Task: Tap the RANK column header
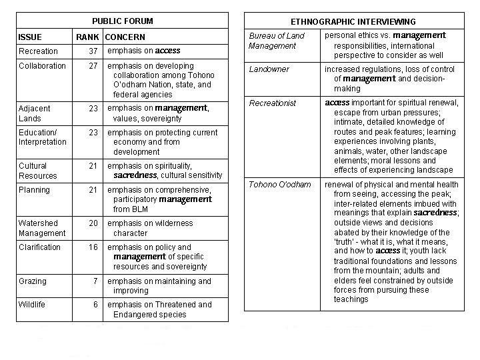pos(87,37)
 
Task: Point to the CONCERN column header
pos(125,37)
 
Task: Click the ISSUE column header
pos(29,37)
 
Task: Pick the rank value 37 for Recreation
pos(93,51)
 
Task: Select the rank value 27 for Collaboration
pos(93,66)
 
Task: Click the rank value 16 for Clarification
pos(93,247)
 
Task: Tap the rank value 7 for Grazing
pos(95,282)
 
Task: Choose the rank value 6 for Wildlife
pos(95,305)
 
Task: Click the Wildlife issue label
pos(31,305)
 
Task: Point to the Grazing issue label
pos(33,282)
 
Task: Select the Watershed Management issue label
pos(42,228)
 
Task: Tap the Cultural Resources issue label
pos(38,171)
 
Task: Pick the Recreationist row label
pos(272,103)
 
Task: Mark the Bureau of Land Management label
pos(276,40)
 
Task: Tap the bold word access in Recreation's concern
pos(168,51)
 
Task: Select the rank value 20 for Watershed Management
pos(93,223)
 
